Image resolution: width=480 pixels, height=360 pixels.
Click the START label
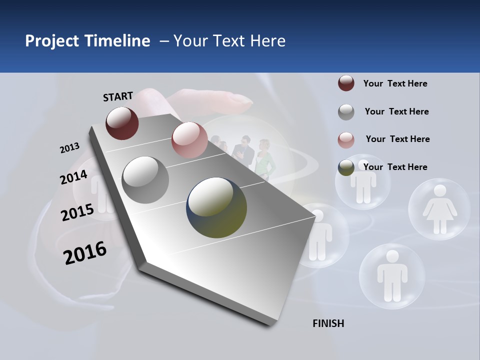[x=118, y=96]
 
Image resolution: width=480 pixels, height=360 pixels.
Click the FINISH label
[x=328, y=323]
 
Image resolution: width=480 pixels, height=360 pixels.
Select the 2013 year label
[x=69, y=148]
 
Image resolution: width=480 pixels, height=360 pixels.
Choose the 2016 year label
[x=85, y=253]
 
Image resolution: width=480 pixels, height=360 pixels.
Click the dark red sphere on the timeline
[x=122, y=123]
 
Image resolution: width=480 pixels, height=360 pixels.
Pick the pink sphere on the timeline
[x=189, y=140]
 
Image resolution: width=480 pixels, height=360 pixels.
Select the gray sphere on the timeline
[x=145, y=180]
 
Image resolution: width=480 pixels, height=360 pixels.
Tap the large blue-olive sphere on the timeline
[x=216, y=207]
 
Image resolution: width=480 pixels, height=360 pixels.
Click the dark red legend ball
[x=346, y=83]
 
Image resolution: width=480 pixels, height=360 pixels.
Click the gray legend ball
[x=346, y=112]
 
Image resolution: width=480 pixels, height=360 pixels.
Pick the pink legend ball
[x=346, y=140]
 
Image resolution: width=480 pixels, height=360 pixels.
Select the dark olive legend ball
[x=346, y=167]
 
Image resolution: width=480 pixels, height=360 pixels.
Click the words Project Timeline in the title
[x=87, y=41]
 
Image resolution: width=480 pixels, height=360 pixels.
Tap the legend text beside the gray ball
[x=396, y=111]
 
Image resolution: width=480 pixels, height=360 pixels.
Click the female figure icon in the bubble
[x=439, y=209]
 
